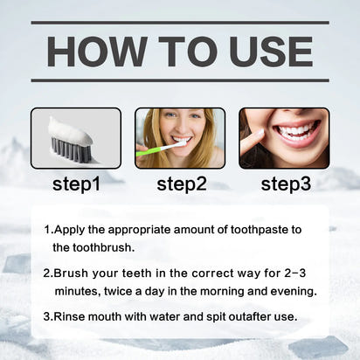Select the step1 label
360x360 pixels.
(x=76, y=183)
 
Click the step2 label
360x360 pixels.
(x=181, y=183)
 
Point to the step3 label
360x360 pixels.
(x=286, y=183)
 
